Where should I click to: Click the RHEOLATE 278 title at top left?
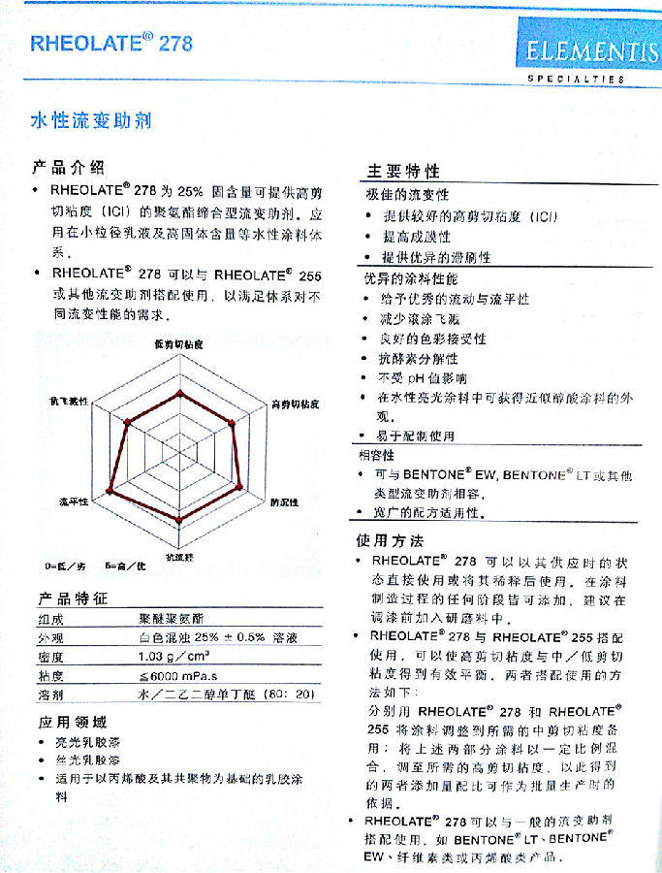click(x=111, y=44)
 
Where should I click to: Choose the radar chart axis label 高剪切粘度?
click(x=295, y=402)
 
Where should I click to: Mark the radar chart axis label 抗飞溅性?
click(x=69, y=401)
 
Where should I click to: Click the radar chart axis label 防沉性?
click(x=284, y=501)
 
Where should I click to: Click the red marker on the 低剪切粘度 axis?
click(x=178, y=394)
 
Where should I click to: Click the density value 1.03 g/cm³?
click(x=173, y=657)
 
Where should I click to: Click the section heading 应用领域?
click(x=73, y=723)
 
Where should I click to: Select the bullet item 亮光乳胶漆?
click(x=84, y=744)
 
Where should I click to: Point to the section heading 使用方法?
click(x=389, y=540)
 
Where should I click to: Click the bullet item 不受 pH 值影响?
click(x=424, y=378)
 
